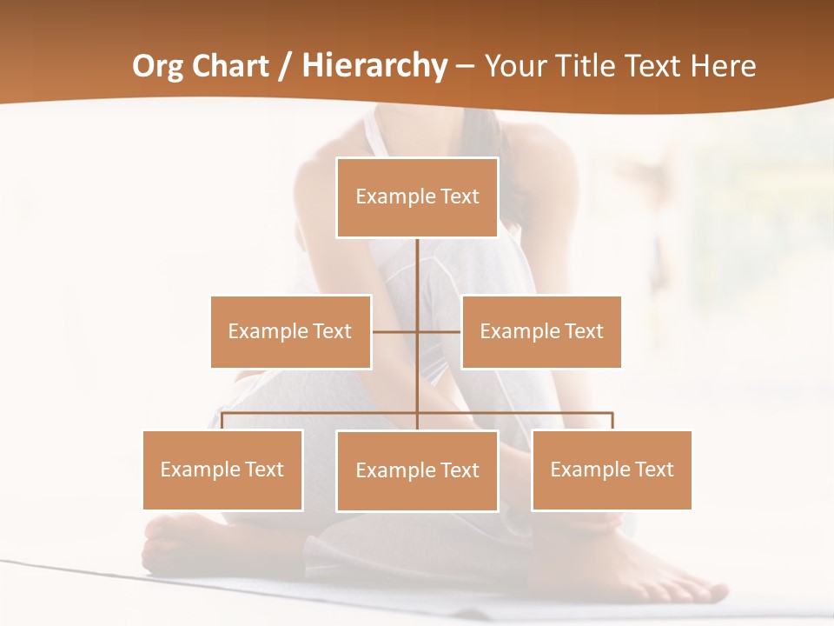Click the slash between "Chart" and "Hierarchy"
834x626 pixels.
285,66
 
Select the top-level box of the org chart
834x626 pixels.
417,197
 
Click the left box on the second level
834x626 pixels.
290,331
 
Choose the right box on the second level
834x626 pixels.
541,331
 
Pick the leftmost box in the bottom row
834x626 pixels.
222,470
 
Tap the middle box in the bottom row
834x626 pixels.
417,471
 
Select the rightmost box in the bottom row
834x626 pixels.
612,470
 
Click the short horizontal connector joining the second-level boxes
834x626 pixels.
395,331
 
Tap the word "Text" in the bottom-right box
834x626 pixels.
654,469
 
